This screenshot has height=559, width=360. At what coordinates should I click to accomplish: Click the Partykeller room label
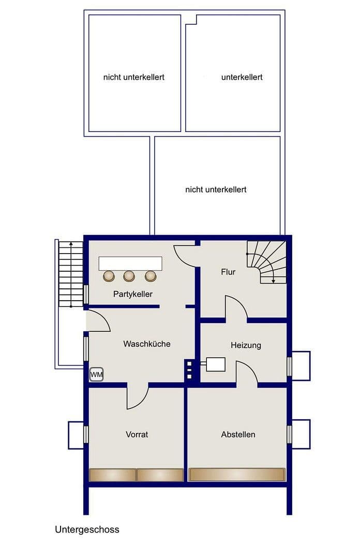coord(133,294)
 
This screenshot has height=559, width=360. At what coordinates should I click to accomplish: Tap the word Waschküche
coord(146,344)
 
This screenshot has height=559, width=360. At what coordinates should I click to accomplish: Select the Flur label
coord(228,272)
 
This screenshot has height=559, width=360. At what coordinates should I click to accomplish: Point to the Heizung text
coord(246,345)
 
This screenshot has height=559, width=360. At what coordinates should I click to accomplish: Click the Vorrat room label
coord(137,434)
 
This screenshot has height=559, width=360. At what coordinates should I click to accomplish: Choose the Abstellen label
coord(238,434)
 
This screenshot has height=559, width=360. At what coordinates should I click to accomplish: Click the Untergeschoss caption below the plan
coord(87,529)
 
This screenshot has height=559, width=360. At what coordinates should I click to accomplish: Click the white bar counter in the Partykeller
coord(131,263)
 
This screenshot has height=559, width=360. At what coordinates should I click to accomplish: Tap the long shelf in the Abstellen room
coord(237,475)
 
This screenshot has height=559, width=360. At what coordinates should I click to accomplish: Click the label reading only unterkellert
coord(242,77)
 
